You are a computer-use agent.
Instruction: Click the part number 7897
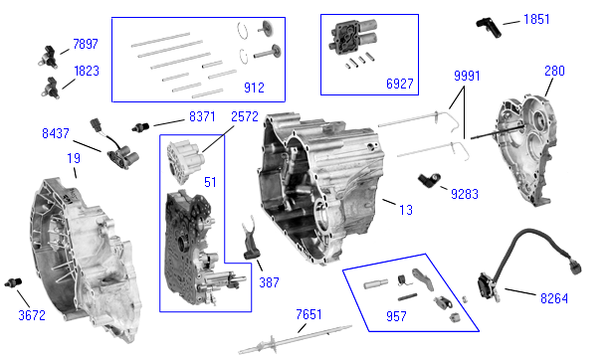(x=86, y=44)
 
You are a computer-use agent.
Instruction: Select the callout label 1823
(x=87, y=71)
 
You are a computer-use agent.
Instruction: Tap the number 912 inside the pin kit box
(x=254, y=88)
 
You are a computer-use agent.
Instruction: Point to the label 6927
(x=399, y=84)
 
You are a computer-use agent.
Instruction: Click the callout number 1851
(x=536, y=19)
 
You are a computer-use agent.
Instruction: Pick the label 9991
(x=467, y=76)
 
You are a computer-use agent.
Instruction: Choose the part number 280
(x=554, y=71)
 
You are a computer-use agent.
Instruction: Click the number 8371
(x=202, y=116)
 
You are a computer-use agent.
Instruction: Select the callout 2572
(x=245, y=116)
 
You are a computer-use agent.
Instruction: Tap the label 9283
(x=465, y=194)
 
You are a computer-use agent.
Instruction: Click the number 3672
(x=32, y=315)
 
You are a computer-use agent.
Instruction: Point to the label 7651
(x=308, y=314)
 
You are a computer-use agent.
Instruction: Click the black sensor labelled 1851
(x=489, y=27)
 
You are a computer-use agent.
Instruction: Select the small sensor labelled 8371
(x=140, y=127)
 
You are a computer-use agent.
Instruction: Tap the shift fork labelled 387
(x=250, y=239)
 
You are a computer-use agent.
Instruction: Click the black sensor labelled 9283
(x=429, y=180)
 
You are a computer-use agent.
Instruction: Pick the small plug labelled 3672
(x=13, y=282)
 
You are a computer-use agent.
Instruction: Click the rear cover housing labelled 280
(x=526, y=150)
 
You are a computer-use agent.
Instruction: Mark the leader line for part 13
(x=389, y=202)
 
